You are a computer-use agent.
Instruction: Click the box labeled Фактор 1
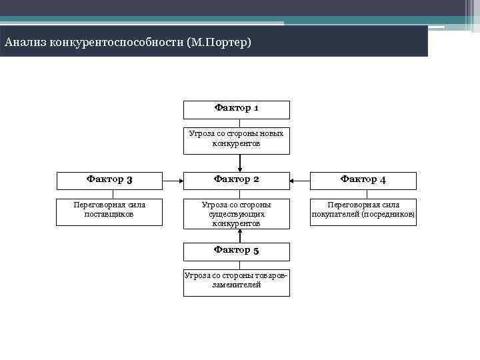(x=237, y=109)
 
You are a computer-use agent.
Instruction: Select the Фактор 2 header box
(x=237, y=180)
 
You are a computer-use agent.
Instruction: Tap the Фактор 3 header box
(x=109, y=180)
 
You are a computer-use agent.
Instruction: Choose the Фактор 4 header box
(x=363, y=180)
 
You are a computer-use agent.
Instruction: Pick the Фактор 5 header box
(x=237, y=251)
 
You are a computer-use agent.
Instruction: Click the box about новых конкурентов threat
(x=237, y=139)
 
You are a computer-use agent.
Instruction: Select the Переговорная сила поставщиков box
(x=109, y=211)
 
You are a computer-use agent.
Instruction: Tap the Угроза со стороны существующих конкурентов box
(x=237, y=214)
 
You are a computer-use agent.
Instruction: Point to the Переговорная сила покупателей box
(x=363, y=211)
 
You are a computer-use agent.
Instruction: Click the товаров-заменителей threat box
(x=237, y=281)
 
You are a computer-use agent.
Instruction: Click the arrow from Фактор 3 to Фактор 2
(x=173, y=180)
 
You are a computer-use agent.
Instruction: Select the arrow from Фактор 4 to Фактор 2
(x=300, y=180)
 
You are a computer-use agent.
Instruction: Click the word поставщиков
(x=109, y=215)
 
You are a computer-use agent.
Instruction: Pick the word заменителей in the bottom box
(x=237, y=285)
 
